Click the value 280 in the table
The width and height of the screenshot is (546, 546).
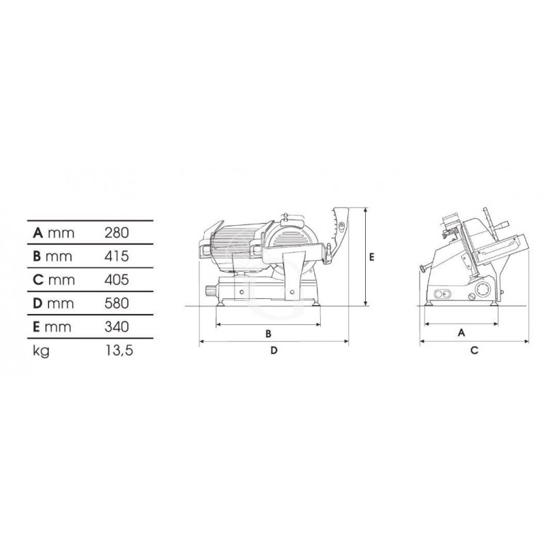click(117, 233)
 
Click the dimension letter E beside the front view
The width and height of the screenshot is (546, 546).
click(372, 257)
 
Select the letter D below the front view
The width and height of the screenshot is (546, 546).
click(273, 351)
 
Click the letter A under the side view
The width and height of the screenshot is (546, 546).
click(461, 332)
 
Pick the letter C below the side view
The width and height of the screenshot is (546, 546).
click(473, 350)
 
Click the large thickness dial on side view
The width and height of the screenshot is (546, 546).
click(482, 288)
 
